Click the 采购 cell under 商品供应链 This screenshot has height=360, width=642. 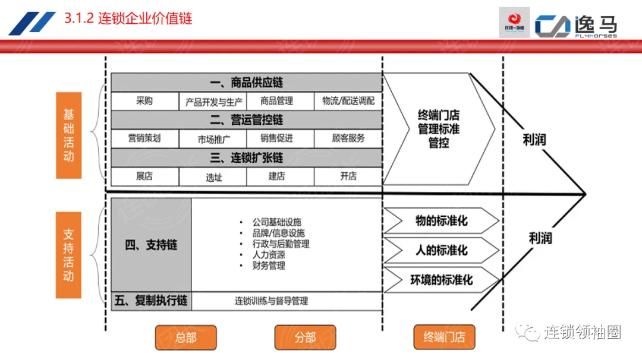tap(144, 101)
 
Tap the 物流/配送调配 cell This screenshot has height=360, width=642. tap(348, 101)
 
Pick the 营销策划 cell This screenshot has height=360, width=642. tap(144, 138)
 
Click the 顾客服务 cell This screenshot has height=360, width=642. tap(348, 138)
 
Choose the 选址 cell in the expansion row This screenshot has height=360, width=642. tap(213, 176)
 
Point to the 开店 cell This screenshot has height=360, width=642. tap(348, 176)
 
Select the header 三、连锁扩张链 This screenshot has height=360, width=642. tap(246, 157)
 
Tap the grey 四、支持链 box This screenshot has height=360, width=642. tap(151, 245)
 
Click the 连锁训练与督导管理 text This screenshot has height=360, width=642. tap(271, 301)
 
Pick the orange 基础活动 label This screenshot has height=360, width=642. tap(69, 135)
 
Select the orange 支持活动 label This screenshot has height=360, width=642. tap(69, 255)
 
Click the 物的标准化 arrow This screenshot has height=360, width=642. tap(440, 221)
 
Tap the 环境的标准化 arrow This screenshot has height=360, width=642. tap(440, 280)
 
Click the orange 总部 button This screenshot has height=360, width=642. tap(185, 337)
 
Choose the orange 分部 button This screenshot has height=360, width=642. tap(305, 337)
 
